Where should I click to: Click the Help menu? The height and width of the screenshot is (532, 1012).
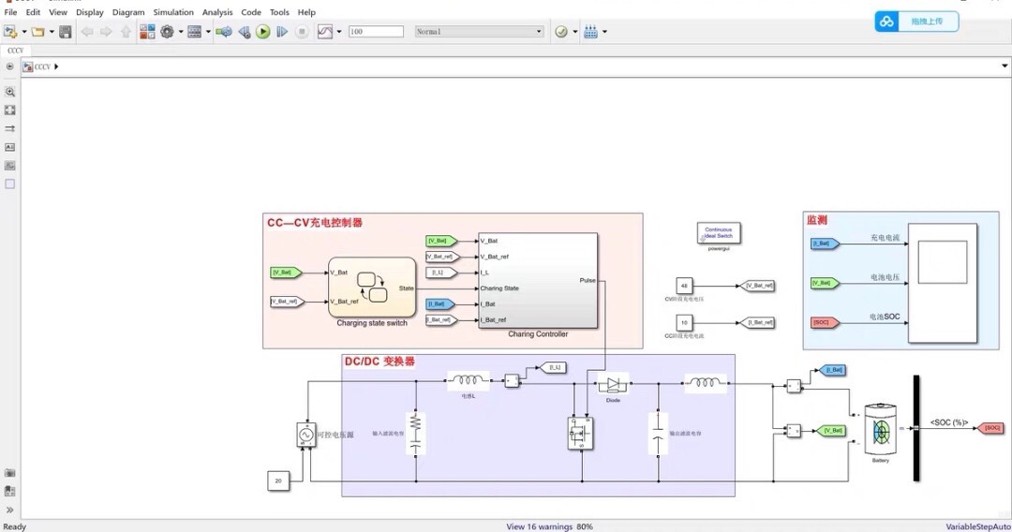(x=306, y=12)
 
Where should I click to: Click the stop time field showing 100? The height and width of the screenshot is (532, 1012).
(x=375, y=32)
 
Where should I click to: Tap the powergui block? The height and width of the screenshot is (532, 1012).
(x=719, y=233)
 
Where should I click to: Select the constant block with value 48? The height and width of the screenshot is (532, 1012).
(x=684, y=286)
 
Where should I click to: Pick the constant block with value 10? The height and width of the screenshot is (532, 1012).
(x=684, y=322)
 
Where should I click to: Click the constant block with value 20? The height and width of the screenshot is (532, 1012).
(x=278, y=480)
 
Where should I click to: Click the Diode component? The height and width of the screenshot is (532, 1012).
(x=613, y=384)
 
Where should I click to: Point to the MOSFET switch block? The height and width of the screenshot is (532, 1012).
(x=580, y=433)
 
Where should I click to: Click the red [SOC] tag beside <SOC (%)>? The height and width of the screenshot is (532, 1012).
(x=991, y=428)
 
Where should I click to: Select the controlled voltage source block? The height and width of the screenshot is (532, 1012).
(x=306, y=435)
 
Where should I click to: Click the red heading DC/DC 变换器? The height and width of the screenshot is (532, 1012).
(x=379, y=362)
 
